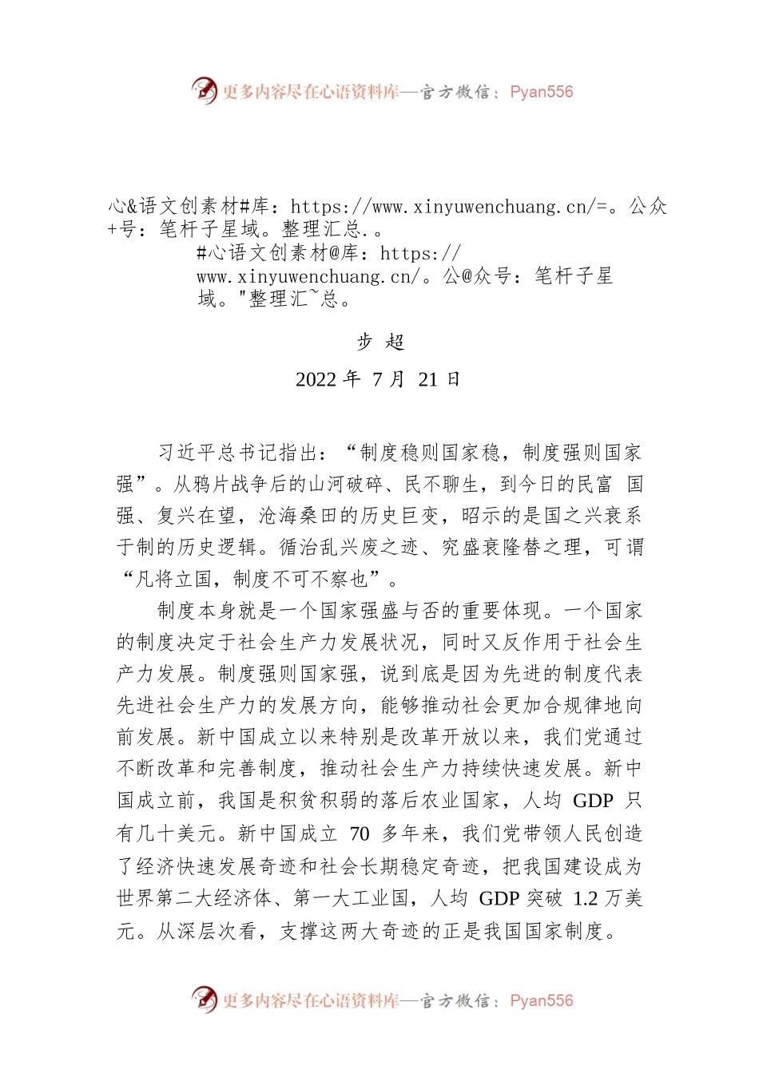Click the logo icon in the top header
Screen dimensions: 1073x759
coord(205,90)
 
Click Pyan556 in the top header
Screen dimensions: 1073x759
coord(541,92)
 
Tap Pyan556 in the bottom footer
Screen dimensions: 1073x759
coord(541,1000)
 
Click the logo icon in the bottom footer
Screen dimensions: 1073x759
coord(205,999)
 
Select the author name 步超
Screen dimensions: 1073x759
coord(380,342)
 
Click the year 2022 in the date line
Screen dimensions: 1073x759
coord(316,379)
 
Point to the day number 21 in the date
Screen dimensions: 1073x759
coord(428,379)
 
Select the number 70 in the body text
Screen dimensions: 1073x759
coord(360,834)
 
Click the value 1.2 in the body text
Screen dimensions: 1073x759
coord(586,898)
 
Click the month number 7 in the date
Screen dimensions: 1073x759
coord(378,379)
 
